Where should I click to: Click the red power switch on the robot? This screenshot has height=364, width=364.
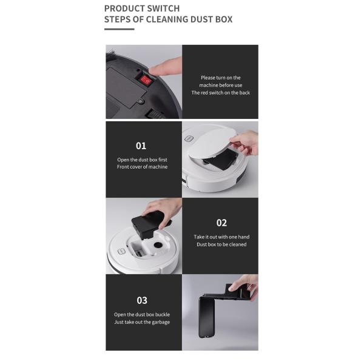tap(146, 79)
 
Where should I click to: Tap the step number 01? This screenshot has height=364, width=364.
tap(141, 146)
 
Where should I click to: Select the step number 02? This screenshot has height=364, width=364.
tap(221, 223)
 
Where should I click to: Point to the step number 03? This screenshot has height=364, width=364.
tap(141, 300)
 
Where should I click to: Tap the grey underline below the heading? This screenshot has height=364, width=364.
tap(119, 29)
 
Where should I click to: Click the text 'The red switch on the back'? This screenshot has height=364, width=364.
tap(220, 93)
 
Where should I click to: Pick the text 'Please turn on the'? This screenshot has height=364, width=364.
tap(220, 78)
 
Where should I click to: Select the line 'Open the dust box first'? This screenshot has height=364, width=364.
tap(142, 160)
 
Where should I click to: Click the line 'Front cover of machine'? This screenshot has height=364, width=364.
tap(142, 167)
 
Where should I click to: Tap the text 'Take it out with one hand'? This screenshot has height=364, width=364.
tap(221, 237)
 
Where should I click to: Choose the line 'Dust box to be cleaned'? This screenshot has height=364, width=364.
tap(220, 244)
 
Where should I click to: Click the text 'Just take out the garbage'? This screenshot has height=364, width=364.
tap(142, 322)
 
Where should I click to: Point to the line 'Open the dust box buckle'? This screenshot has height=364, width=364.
tap(142, 314)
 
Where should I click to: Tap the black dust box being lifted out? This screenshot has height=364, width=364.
tap(147, 224)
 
